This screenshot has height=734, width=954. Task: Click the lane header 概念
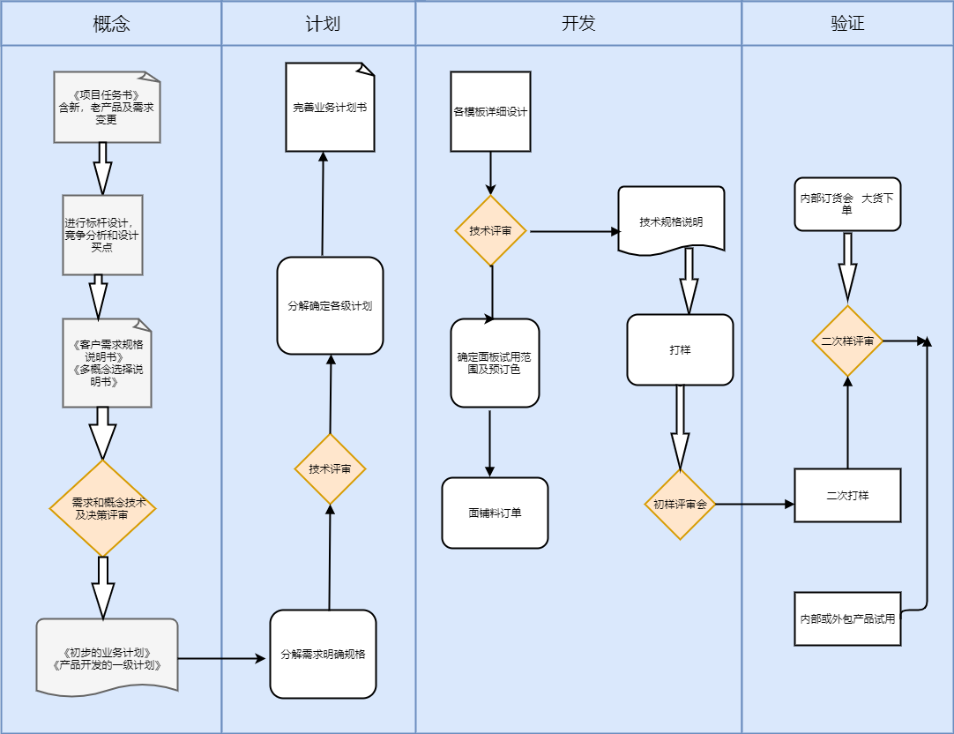point(111,24)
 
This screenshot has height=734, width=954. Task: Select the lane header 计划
point(318,24)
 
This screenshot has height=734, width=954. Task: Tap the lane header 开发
point(578,24)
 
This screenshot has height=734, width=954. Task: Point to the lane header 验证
point(847,24)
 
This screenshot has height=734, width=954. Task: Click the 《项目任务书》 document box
point(107,107)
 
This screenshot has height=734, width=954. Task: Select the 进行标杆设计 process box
point(102,235)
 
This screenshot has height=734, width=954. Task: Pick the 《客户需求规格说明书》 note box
point(107,363)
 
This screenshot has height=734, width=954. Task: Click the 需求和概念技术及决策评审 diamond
point(103,508)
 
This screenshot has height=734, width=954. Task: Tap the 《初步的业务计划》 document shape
point(107,658)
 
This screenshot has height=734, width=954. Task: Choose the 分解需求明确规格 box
point(323,654)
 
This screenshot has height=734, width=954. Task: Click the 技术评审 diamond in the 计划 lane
point(330,468)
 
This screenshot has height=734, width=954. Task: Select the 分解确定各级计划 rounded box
point(330,306)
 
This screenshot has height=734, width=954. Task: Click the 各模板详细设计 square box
point(490,111)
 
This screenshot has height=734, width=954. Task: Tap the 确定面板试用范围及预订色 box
point(495,363)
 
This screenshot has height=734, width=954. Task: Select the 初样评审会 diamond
point(680,505)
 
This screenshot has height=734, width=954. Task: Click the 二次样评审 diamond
point(847,341)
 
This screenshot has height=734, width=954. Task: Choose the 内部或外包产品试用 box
point(847,618)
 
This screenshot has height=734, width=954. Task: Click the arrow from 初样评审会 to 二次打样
point(755,505)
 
